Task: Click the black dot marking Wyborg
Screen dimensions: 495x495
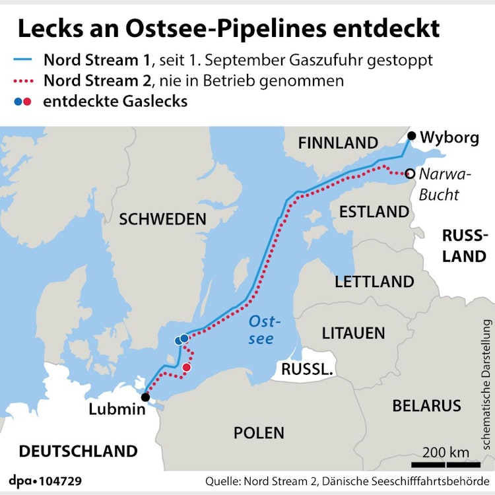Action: [412, 137]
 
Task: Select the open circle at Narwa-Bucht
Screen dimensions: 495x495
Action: [410, 174]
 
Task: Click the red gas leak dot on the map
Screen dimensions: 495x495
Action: [187, 367]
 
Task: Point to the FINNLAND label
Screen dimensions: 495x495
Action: [338, 143]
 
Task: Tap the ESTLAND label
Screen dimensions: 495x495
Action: [374, 212]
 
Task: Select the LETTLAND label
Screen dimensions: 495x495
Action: [374, 282]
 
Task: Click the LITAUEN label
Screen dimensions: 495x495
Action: [353, 333]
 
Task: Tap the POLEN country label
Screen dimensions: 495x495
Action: [259, 433]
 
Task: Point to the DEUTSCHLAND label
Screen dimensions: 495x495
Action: [78, 451]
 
